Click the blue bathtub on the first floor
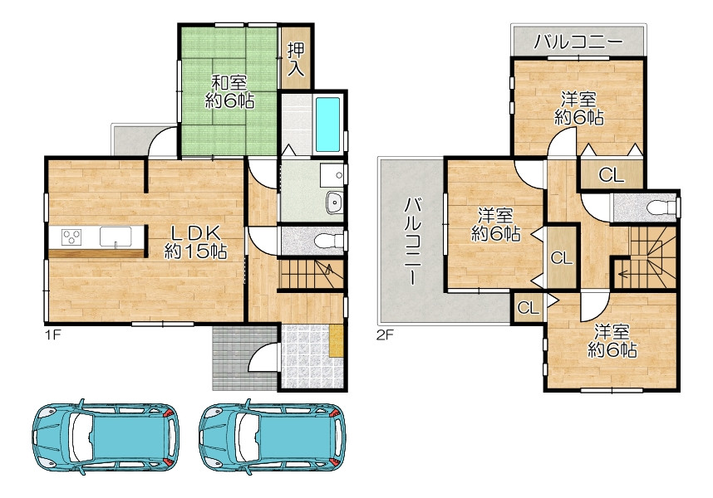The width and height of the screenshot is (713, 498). pos(328,124)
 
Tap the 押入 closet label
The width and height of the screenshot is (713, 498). pos(296,59)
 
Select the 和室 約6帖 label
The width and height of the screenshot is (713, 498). pos(229,92)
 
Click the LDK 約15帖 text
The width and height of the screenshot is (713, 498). pos(195,242)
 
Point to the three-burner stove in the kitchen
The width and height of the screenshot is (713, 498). pos(71,237)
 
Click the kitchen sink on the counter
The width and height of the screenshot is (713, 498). pos(116,237)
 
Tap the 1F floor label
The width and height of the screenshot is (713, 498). pos(52,335)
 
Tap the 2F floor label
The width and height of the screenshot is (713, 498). pos(384,335)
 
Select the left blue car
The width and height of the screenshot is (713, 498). pos(106,437)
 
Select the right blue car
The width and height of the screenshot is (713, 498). pos(273,437)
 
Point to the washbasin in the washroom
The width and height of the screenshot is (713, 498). pos(335,202)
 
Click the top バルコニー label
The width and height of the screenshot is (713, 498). pos(578,42)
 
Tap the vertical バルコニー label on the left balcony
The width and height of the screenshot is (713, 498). pos(413,241)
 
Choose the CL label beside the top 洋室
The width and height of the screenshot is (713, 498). pos(611,175)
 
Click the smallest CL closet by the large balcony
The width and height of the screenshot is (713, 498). pos(528,308)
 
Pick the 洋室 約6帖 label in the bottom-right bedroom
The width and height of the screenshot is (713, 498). pos(612,340)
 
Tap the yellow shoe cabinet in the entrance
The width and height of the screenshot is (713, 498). pos(336,341)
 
